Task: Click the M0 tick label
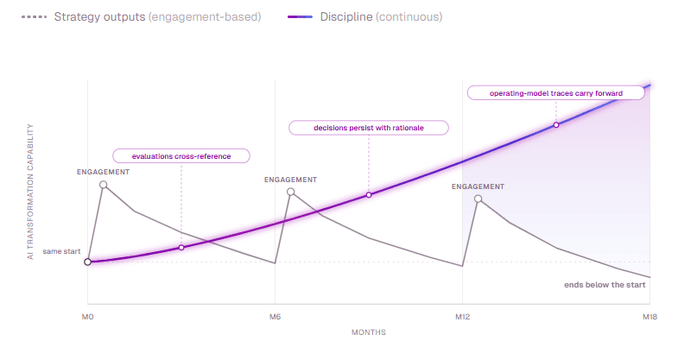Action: (87, 319)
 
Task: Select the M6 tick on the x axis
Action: (275, 319)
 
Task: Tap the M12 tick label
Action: (462, 319)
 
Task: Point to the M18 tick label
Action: (650, 319)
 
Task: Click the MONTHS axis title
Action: (369, 332)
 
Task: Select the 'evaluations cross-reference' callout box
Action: (181, 156)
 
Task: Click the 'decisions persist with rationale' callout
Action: (369, 128)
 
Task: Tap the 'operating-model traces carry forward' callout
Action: (556, 92)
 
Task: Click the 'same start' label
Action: (61, 251)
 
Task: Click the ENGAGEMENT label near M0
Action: (104, 172)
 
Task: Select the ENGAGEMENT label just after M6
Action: (290, 180)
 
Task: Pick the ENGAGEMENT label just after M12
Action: (478, 186)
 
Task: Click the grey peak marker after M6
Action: (290, 192)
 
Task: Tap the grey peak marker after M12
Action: (478, 199)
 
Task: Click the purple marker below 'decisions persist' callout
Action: (369, 195)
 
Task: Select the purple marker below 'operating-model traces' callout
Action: (556, 125)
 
